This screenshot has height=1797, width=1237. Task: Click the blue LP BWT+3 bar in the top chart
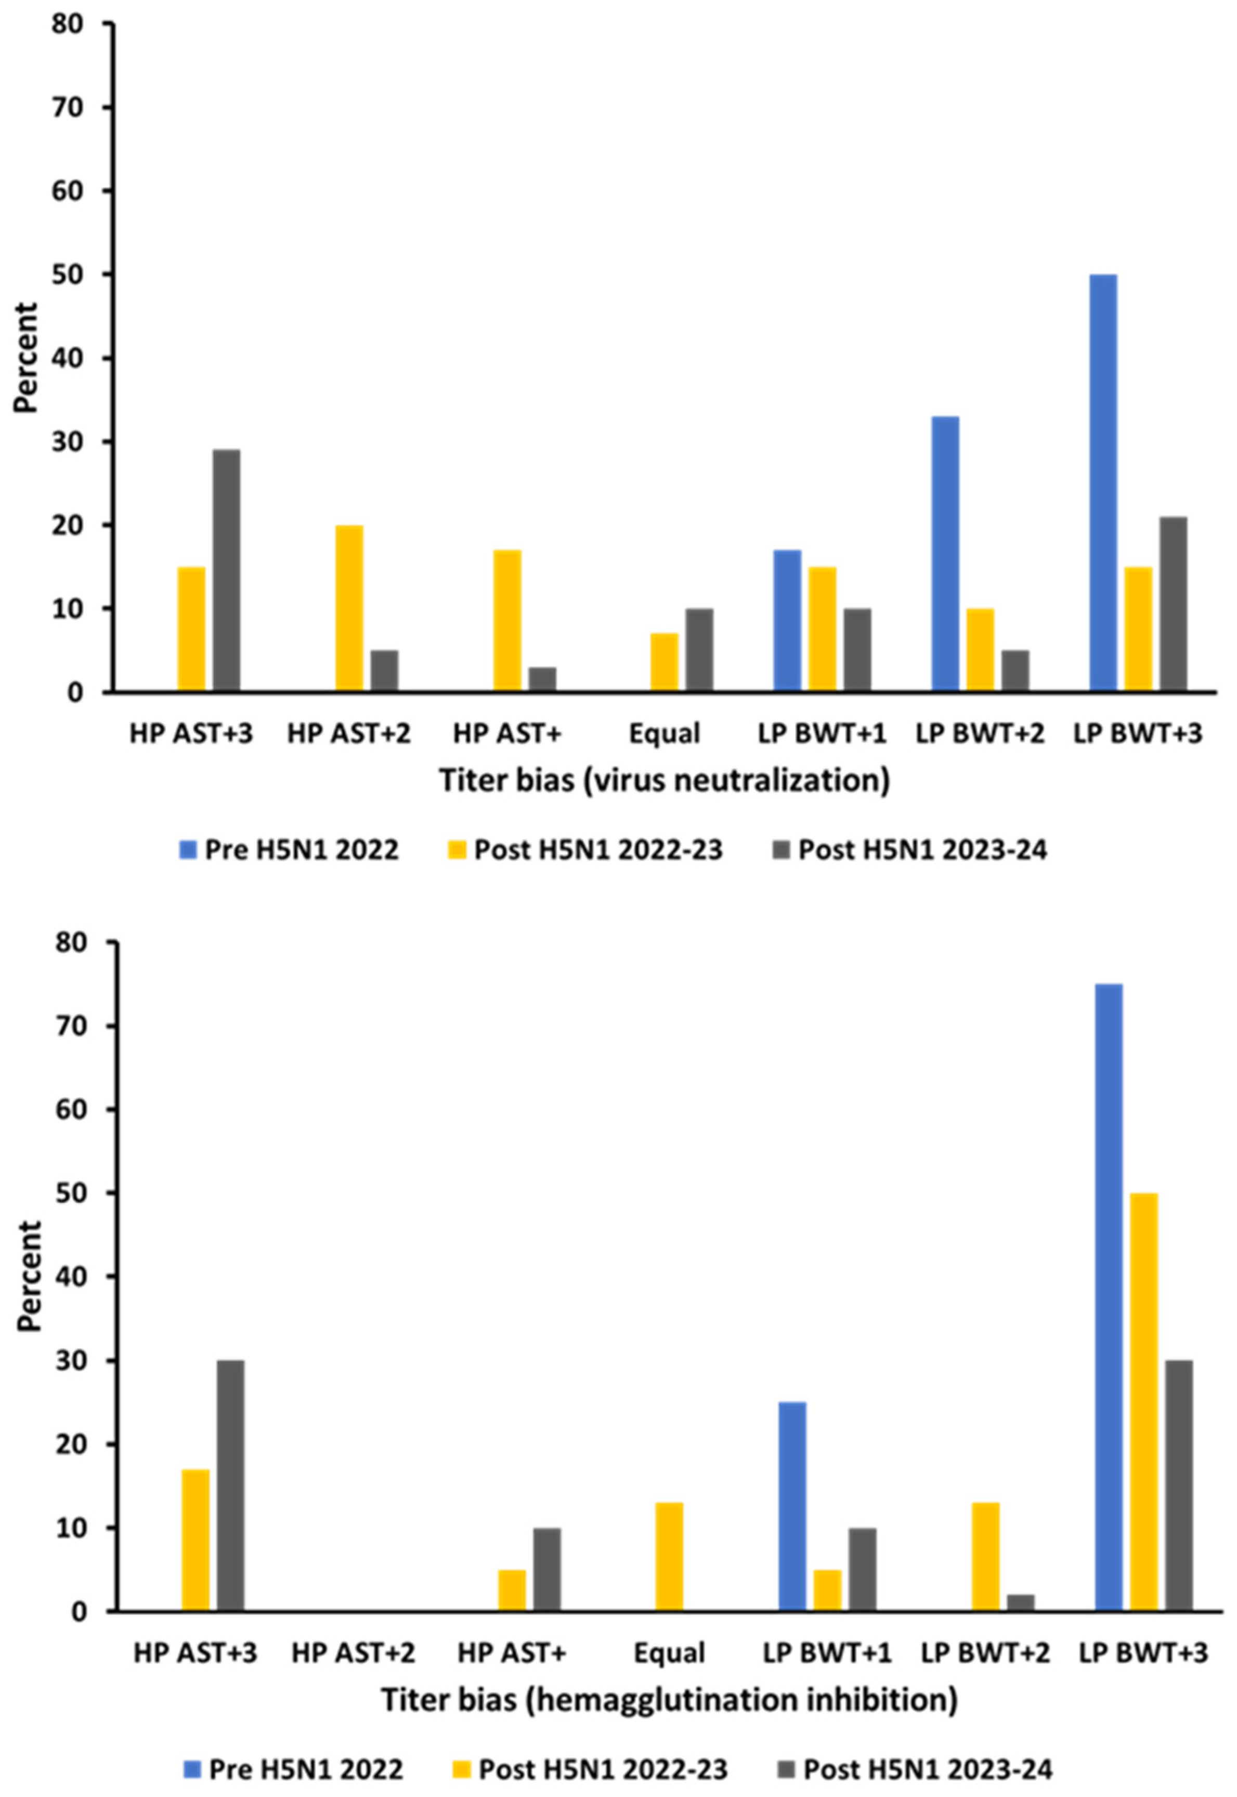click(1103, 482)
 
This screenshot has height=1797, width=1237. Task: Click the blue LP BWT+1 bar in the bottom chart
click(792, 1506)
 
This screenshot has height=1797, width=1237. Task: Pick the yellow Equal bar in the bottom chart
click(670, 1557)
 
